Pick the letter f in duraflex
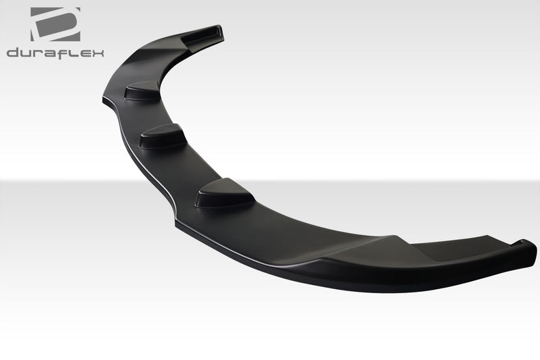coord(64,52)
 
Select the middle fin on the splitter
coord(163,136)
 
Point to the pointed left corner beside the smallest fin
coord(106,99)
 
